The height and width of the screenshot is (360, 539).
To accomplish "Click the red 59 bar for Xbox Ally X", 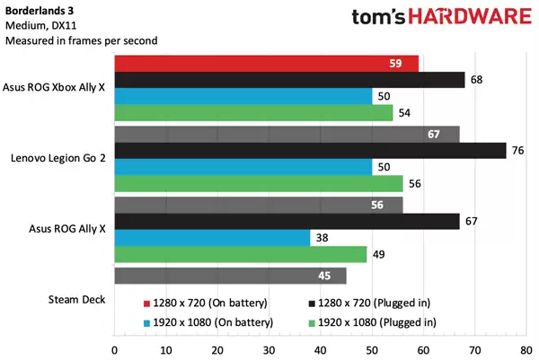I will [x=266, y=64].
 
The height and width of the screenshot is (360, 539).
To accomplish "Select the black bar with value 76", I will [x=310, y=150].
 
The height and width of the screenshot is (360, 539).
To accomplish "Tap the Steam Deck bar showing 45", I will [x=230, y=276].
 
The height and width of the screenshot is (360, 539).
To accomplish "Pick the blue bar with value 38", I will [x=212, y=238].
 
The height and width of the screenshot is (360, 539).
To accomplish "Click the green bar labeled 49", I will [x=241, y=255].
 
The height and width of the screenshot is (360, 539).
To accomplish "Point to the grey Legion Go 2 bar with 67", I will [x=287, y=134].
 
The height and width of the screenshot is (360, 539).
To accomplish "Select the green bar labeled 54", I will [x=253, y=113].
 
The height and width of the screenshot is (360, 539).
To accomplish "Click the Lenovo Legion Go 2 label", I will [x=58, y=158].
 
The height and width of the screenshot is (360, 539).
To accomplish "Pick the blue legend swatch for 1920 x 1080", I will [x=146, y=321].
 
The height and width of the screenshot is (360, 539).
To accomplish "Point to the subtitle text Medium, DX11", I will [x=40, y=26].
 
